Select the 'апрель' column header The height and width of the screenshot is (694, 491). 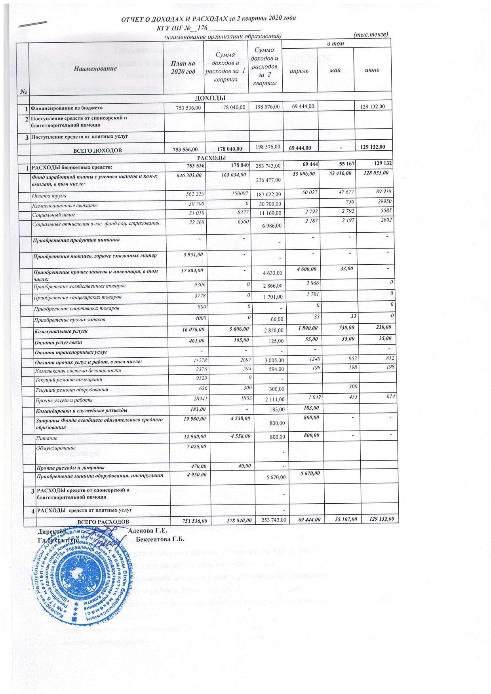pyautogui.click(x=299, y=70)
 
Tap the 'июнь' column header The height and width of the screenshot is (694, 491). pyautogui.click(x=373, y=70)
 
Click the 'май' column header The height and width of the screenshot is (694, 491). pyautogui.click(x=335, y=70)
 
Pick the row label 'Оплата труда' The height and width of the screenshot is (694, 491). pyautogui.click(x=49, y=196)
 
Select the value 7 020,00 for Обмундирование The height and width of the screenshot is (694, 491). pyautogui.click(x=194, y=446)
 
